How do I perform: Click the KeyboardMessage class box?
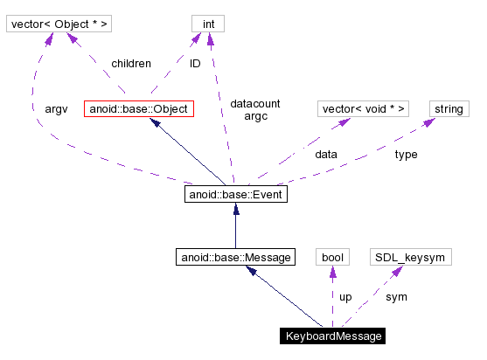[331, 336]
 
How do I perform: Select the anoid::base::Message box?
[233, 257]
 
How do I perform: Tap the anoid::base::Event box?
[236, 194]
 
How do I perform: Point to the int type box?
[208, 24]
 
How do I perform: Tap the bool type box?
[332, 257]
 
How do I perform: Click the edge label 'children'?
[131, 64]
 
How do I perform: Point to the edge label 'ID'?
[196, 64]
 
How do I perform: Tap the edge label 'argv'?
[56, 109]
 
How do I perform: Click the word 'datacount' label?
[255, 104]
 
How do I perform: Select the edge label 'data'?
[326, 154]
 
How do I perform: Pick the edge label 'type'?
[406, 154]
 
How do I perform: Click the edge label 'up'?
[345, 297]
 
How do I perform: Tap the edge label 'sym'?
[396, 297]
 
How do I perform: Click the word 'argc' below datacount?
[256, 115]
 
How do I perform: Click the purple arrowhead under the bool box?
[332, 272]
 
